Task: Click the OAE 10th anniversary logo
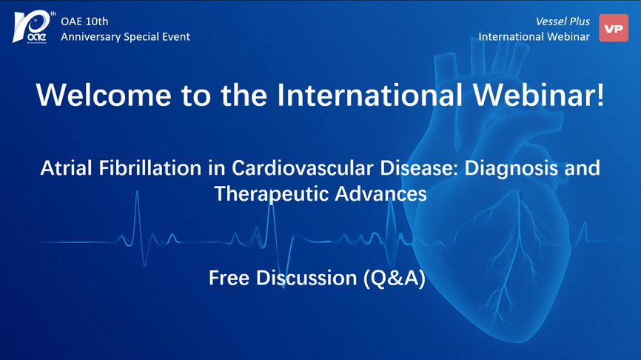(x=33, y=27)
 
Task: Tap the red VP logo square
(x=613, y=28)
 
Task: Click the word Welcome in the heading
(x=104, y=95)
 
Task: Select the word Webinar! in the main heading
(x=539, y=95)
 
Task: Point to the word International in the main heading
(x=370, y=95)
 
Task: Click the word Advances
(x=380, y=193)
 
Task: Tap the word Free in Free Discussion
(x=229, y=279)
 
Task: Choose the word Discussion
(x=306, y=279)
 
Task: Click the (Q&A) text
(x=395, y=279)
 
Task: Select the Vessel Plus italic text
(x=563, y=21)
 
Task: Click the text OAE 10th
(x=84, y=21)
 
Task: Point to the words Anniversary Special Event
(x=126, y=37)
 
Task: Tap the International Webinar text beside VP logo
(x=534, y=37)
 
